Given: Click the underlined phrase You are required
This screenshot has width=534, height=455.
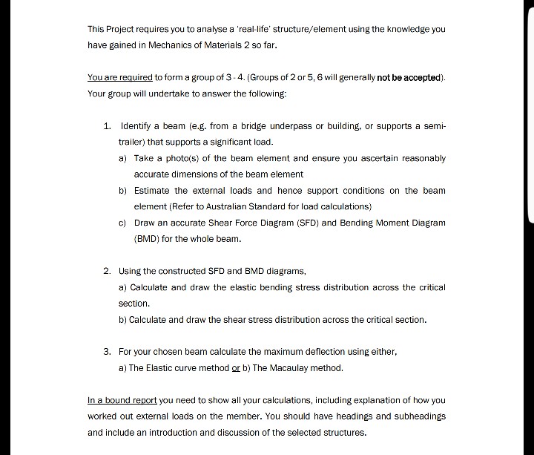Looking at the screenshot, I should click(119, 77).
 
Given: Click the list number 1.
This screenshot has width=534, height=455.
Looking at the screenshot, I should click(108, 125).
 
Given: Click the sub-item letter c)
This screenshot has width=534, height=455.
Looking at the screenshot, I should click(122, 223).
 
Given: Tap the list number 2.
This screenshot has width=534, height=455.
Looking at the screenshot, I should click(108, 271).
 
